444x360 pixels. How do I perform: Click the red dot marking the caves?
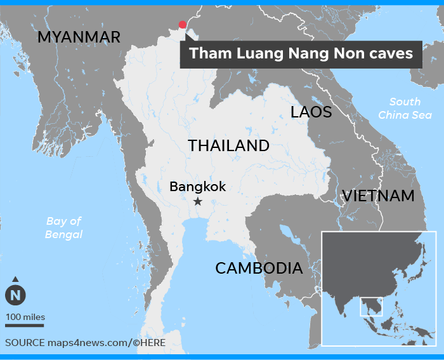pyautogui.click(x=183, y=25)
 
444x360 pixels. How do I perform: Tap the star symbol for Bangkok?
pyautogui.click(x=198, y=201)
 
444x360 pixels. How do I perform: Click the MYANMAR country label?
pyautogui.click(x=79, y=37)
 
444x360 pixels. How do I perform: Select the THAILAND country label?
pyautogui.click(x=228, y=145)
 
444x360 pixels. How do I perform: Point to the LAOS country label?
pyautogui.click(x=311, y=112)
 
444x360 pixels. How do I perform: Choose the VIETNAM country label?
pyautogui.click(x=378, y=196)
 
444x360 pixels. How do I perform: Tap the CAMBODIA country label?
pyautogui.click(x=259, y=268)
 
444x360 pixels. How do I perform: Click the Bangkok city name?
pyautogui.click(x=197, y=187)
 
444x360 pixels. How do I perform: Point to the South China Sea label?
pyautogui.click(x=404, y=109)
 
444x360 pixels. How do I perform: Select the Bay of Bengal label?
pyautogui.click(x=63, y=227)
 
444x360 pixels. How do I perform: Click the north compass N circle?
pyautogui.click(x=15, y=295)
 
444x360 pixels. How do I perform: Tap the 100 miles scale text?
pyautogui.click(x=25, y=317)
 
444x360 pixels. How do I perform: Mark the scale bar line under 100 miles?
pyautogui.click(x=25, y=325)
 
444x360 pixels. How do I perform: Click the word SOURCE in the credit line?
pyautogui.click(x=24, y=342)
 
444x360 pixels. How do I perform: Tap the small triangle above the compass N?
pyautogui.click(x=15, y=279)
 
